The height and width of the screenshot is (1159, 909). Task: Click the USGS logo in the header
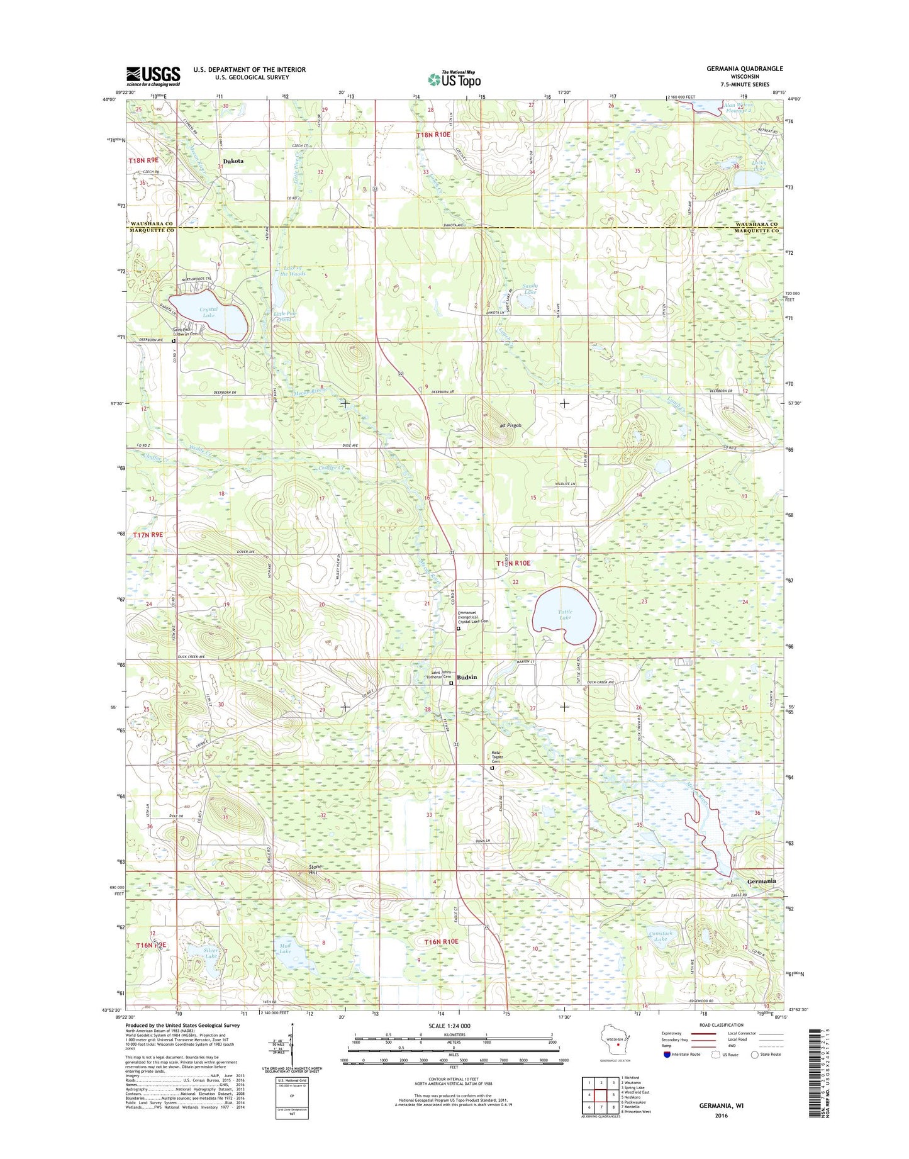pyautogui.click(x=153, y=76)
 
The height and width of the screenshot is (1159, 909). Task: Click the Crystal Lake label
pyautogui.click(x=208, y=312)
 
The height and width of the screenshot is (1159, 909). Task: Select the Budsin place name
pyautogui.click(x=467, y=677)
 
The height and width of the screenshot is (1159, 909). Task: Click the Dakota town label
pyautogui.click(x=233, y=161)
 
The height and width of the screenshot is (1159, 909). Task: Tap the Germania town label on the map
pyautogui.click(x=762, y=881)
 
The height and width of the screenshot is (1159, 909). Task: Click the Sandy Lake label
pyautogui.click(x=530, y=289)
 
